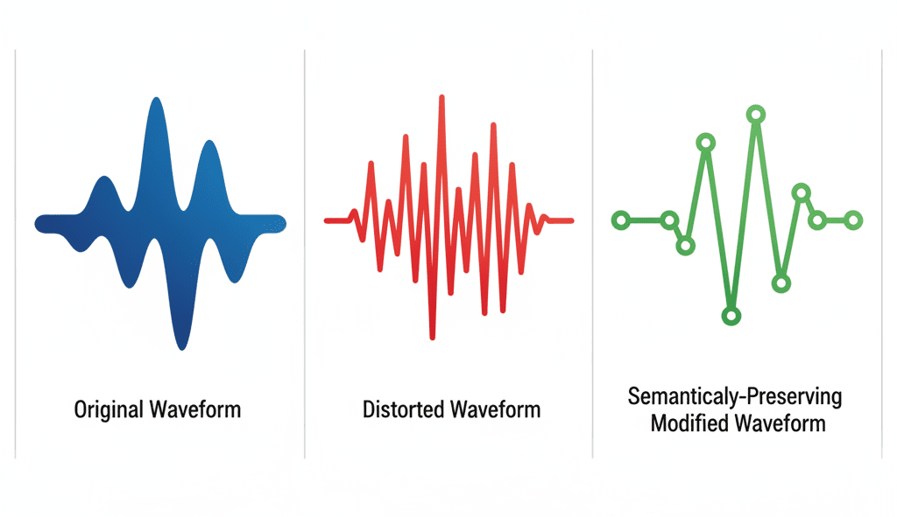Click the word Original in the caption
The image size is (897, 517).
108,410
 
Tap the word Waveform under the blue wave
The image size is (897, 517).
195,409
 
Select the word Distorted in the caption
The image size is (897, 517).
403,409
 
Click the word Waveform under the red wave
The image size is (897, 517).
496,409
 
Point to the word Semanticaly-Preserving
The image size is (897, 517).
735,396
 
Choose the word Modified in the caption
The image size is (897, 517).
689,423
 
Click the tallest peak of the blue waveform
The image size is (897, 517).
156,100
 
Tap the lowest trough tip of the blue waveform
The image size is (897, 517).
182,347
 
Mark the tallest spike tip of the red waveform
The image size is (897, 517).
441,97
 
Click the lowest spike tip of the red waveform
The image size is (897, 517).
433,338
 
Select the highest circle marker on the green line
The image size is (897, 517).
756,115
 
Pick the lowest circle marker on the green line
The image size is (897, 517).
731,315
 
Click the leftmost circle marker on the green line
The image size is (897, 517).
621,220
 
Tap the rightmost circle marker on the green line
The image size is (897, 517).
853,220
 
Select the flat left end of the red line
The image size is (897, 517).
326,220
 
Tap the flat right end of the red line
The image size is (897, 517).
572,220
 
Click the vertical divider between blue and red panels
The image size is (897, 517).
304,255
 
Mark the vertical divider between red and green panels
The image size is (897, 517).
593,255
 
